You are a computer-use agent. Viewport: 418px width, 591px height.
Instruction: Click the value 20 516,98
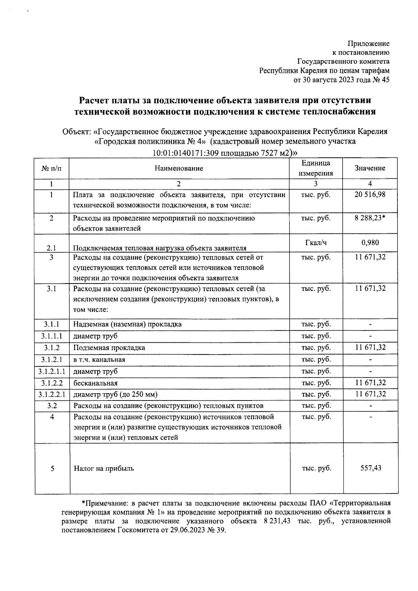coord(370,194)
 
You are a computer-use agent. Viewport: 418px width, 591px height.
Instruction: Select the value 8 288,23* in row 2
coord(371,218)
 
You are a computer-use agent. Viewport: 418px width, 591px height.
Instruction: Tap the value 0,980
coord(370,242)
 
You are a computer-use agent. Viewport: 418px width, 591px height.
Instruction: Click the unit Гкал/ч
coord(316,242)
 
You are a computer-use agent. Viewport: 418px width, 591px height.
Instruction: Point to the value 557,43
coord(371,468)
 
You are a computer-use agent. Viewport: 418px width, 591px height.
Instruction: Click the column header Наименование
coord(179,169)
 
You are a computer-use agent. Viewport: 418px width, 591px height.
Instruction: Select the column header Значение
coord(370,168)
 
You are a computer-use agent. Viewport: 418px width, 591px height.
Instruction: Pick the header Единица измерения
coord(316,168)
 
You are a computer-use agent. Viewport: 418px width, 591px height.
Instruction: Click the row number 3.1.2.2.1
coord(52,394)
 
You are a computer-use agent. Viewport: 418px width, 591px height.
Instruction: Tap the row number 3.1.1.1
coord(52,336)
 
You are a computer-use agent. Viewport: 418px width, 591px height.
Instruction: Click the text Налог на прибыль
coord(104,469)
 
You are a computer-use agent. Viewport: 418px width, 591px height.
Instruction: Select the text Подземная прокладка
coord(109,348)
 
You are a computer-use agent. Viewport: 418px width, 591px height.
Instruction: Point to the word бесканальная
coord(95,383)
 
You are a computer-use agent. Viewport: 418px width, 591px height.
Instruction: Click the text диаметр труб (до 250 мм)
coord(115,395)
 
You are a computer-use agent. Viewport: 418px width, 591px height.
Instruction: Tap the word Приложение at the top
coord(369,44)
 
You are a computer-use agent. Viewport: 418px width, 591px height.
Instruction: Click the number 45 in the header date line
coord(385,80)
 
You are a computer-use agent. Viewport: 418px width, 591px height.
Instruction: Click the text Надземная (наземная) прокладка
coord(127,324)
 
